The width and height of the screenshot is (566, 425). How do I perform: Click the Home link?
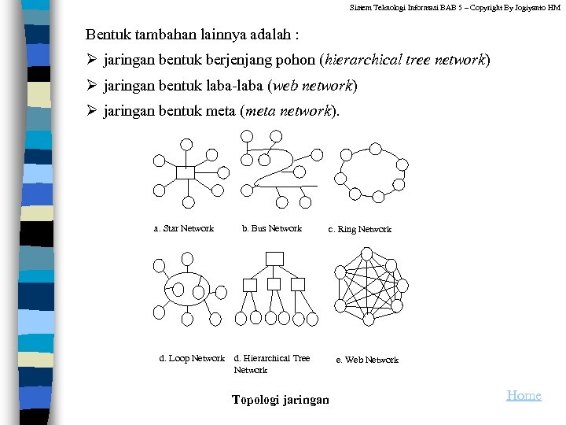point(524,395)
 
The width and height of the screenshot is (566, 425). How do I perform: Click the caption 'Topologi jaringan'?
point(281,400)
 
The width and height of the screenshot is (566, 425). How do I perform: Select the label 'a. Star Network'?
point(183,229)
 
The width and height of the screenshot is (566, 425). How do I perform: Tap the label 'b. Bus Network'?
point(271,229)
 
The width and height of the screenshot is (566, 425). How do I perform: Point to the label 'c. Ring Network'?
point(359,230)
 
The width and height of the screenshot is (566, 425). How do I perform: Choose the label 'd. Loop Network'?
point(192,359)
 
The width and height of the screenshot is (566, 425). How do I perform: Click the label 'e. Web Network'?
point(367,360)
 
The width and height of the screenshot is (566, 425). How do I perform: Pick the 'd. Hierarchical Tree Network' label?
point(272,364)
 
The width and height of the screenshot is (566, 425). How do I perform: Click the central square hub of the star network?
point(186,172)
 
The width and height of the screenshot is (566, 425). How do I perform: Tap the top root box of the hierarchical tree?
point(274,258)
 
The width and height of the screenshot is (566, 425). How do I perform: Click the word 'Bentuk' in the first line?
point(109,35)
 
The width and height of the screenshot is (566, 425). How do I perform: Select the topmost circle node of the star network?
point(186,144)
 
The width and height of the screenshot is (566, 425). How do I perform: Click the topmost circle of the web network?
point(366,253)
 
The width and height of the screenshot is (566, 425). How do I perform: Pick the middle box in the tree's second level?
point(274,285)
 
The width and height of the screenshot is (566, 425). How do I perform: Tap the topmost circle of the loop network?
point(187,258)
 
